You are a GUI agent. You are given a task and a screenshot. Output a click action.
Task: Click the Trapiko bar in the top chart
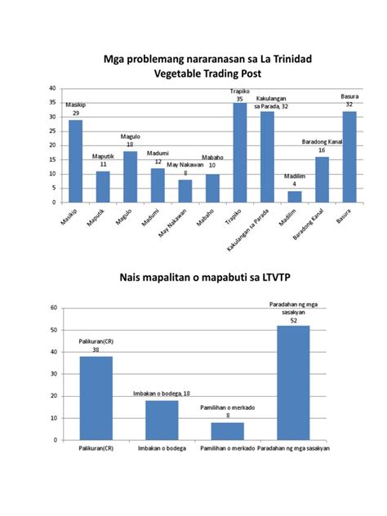pyautogui.click(x=239, y=153)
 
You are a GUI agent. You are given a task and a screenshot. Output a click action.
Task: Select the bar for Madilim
pyautogui.click(x=294, y=197)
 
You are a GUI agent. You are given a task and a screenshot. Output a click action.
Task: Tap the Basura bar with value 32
pyautogui.click(x=349, y=157)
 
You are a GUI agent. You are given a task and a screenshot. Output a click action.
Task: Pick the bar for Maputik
pyautogui.click(x=103, y=187)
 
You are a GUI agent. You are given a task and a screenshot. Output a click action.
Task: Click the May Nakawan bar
pyautogui.click(x=185, y=191)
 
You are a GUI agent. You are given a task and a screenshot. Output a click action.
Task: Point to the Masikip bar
pyautogui.click(x=75, y=161)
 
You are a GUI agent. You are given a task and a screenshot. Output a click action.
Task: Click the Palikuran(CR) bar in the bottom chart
pyautogui.click(x=96, y=398)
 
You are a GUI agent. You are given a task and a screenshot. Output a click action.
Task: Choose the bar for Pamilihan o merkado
pyautogui.click(x=227, y=431)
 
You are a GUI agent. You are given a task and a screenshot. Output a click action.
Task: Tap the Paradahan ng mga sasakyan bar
pyautogui.click(x=292, y=383)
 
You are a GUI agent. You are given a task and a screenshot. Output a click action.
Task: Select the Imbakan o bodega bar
pyautogui.click(x=161, y=420)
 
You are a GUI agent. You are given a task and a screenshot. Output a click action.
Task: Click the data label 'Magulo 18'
pyautogui.click(x=130, y=140)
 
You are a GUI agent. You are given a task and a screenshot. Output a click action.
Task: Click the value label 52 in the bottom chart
pyautogui.click(x=292, y=320)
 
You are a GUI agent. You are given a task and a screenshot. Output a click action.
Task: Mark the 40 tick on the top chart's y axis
pyautogui.click(x=53, y=87)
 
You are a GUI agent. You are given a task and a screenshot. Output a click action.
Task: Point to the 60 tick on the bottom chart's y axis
pyautogui.click(x=53, y=308)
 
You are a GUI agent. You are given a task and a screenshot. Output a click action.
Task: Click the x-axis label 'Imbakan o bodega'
pyautogui.click(x=161, y=448)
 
